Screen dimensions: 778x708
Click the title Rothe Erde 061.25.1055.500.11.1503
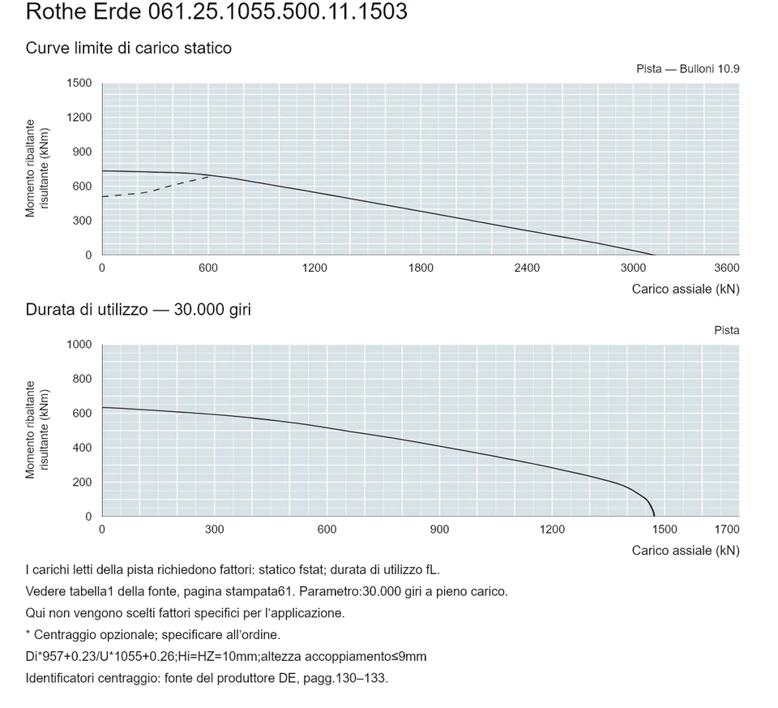pyautogui.click(x=216, y=11)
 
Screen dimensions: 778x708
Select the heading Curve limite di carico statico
pyautogui.click(x=129, y=48)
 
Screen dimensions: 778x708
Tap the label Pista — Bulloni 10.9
pyautogui.click(x=688, y=69)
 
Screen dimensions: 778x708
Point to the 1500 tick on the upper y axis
pyautogui.click(x=79, y=83)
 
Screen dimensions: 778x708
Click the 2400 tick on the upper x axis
pyautogui.click(x=527, y=268)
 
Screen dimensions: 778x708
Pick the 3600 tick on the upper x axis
pyautogui.click(x=727, y=268)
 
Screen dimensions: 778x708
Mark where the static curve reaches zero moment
pyautogui.click(x=655, y=255)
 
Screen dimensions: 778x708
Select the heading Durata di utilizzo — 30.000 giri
pyautogui.click(x=139, y=310)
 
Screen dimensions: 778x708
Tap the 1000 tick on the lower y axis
pyautogui.click(x=79, y=345)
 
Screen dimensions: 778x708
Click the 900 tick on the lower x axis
pyautogui.click(x=439, y=530)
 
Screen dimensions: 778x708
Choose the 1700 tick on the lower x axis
pyautogui.click(x=727, y=530)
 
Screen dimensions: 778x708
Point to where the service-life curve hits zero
pyautogui.click(x=655, y=517)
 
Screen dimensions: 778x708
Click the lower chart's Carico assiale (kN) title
pyautogui.click(x=686, y=551)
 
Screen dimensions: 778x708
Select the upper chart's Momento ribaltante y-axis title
pyautogui.click(x=37, y=169)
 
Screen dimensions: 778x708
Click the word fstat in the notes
pyautogui.click(x=310, y=570)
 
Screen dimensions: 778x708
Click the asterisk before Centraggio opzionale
pyautogui.click(x=28, y=633)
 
